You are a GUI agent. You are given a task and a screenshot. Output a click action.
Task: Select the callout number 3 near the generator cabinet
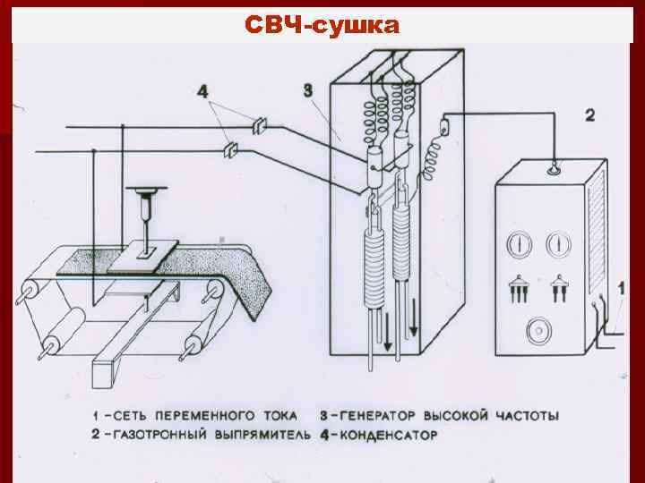(307, 89)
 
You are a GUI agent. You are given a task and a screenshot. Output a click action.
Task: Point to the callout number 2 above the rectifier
(589, 114)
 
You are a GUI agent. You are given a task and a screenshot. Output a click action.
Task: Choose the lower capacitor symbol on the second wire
(231, 149)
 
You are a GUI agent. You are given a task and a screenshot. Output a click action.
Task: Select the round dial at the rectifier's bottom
(540, 331)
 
